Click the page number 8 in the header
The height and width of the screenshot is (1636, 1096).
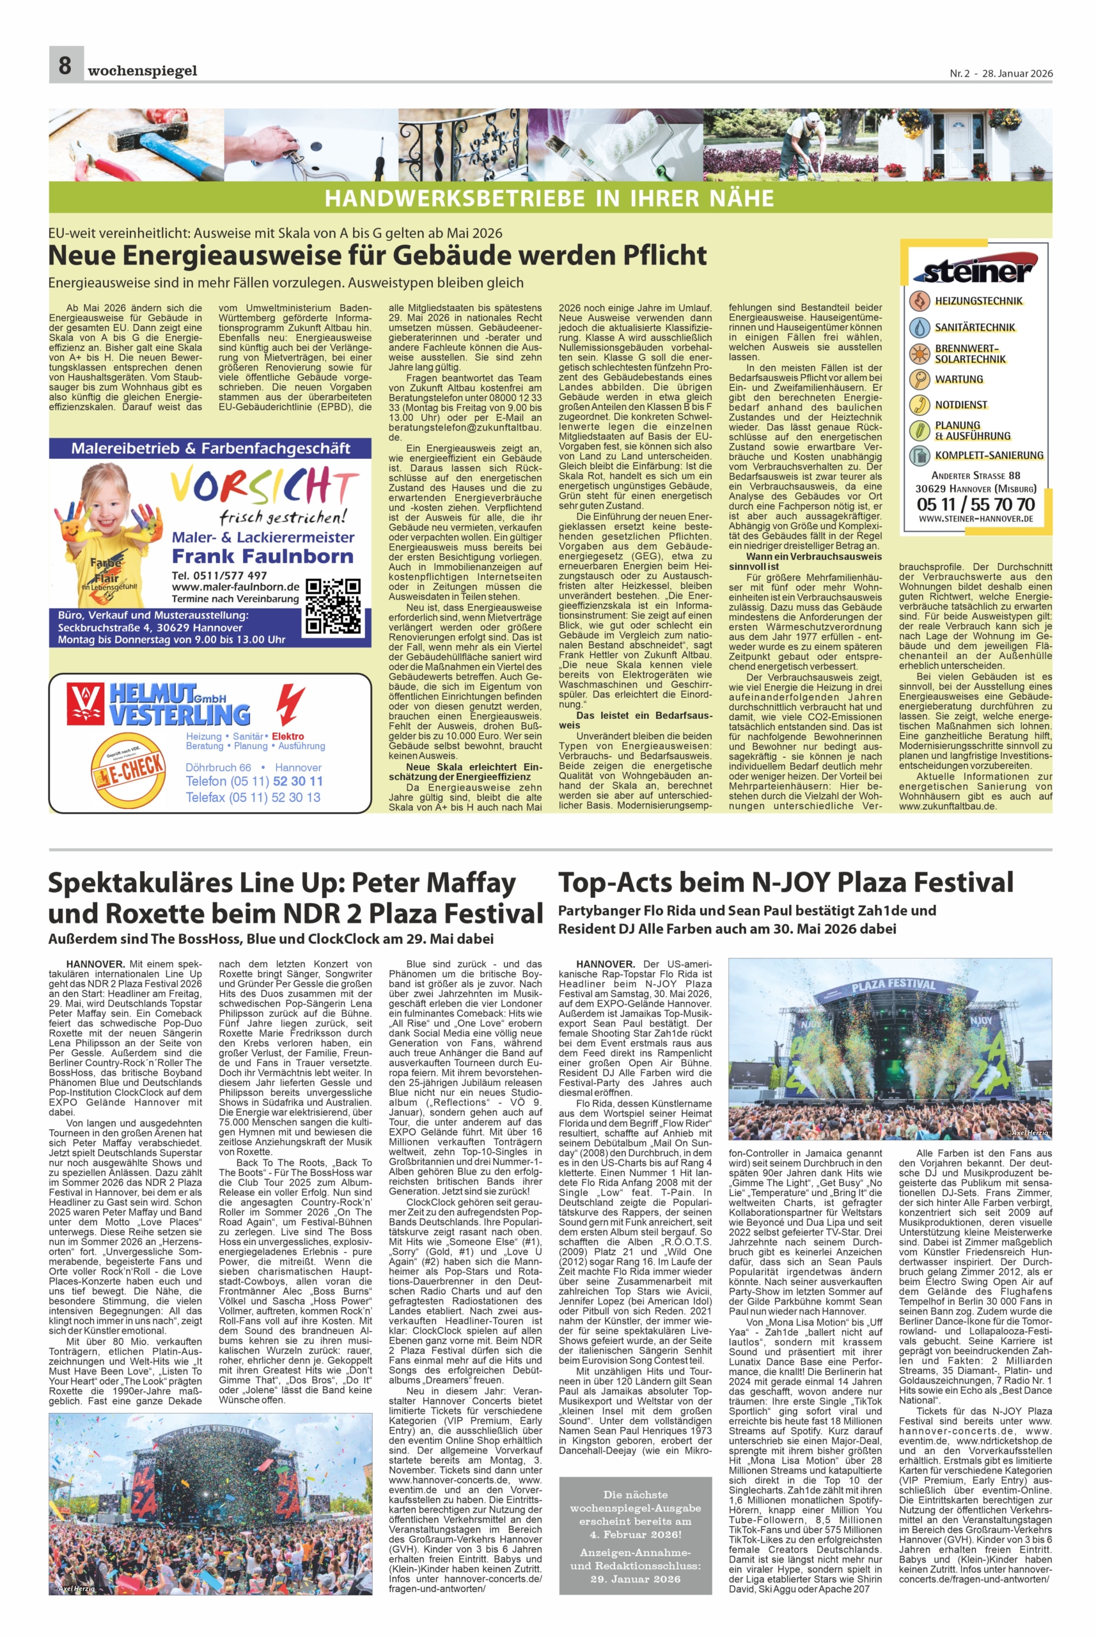click(x=65, y=66)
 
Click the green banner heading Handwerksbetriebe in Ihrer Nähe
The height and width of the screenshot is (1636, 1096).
click(x=549, y=197)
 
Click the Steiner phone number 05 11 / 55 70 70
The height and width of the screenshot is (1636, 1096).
click(x=976, y=504)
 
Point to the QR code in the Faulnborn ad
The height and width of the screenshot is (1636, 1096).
click(x=333, y=606)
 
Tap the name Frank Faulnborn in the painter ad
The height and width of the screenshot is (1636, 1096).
click(x=263, y=556)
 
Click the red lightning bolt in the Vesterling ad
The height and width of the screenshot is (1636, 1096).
click(x=291, y=707)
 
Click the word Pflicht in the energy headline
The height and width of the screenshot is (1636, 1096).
click(x=662, y=256)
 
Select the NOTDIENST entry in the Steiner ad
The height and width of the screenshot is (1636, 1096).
click(x=961, y=405)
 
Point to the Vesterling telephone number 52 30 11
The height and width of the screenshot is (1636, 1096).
click(x=297, y=781)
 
